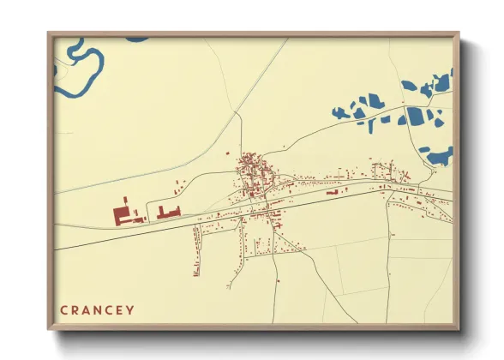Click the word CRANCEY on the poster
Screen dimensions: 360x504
pos(97,309)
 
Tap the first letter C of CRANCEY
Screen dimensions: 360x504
pos(63,309)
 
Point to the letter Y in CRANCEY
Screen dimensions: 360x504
pos(130,309)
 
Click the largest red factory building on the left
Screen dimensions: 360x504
pos(123,213)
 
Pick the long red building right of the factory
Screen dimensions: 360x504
pos(169,211)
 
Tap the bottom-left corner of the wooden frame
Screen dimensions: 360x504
pos(50,327)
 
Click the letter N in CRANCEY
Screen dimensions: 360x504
pos(97,309)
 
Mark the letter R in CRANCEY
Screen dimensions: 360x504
pos(75,309)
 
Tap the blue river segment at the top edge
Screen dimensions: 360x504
pos(137,39)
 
